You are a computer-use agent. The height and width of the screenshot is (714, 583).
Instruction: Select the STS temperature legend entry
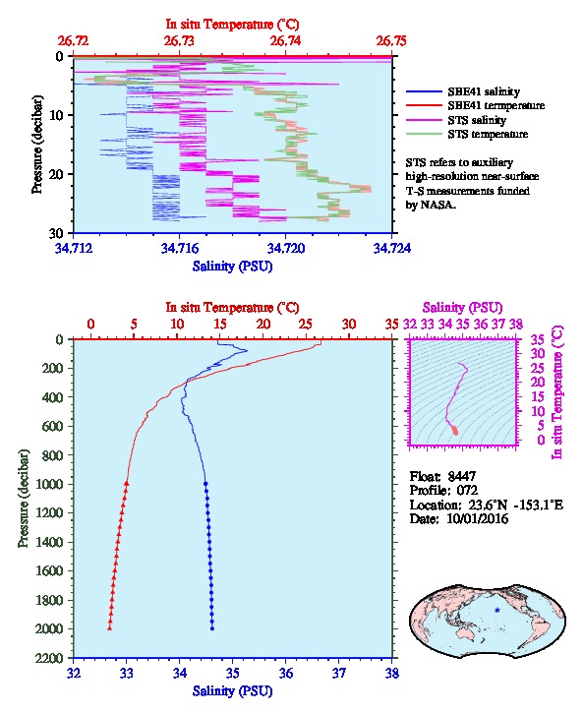click(467, 134)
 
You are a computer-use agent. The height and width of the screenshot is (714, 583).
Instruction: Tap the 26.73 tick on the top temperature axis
click(179, 41)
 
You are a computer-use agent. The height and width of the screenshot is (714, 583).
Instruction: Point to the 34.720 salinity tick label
click(286, 248)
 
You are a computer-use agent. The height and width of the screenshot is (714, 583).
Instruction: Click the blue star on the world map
click(497, 610)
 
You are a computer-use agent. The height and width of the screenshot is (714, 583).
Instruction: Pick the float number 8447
click(462, 476)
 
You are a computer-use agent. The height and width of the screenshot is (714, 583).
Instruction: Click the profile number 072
click(467, 491)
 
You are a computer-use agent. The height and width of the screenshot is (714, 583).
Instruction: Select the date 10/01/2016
click(477, 518)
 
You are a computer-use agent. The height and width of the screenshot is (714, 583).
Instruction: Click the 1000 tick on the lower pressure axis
click(52, 484)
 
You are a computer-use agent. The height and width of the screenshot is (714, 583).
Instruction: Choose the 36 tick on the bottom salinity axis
click(286, 673)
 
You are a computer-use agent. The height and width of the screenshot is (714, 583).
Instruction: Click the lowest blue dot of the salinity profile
click(212, 628)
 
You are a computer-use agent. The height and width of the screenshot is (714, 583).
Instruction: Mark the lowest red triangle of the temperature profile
click(110, 628)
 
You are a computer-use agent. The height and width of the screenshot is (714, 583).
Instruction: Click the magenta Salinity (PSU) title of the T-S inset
click(462, 308)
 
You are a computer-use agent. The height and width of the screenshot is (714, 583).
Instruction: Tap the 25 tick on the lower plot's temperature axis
click(306, 325)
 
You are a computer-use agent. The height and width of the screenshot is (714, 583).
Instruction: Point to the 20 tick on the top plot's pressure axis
click(57, 174)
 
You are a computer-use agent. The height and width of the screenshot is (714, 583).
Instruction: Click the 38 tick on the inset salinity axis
click(516, 325)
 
